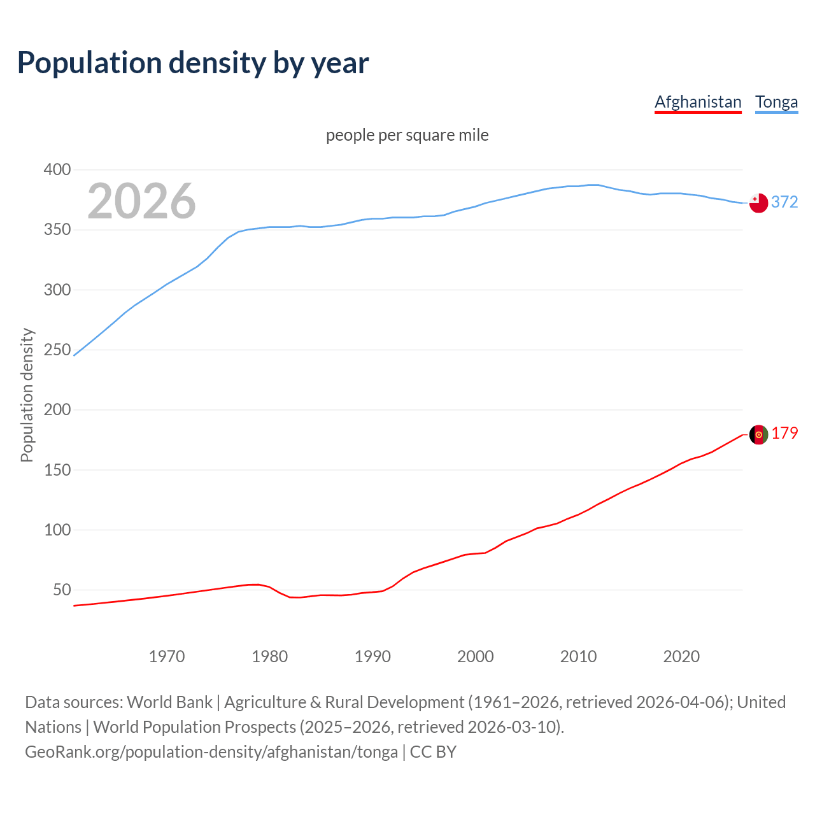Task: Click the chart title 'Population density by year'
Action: (x=193, y=63)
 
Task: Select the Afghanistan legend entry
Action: (x=698, y=102)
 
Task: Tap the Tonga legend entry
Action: (x=776, y=102)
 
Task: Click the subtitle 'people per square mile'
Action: (x=407, y=135)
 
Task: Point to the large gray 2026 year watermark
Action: (x=141, y=201)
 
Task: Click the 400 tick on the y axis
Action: (x=57, y=169)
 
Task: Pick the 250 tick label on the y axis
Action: (x=57, y=350)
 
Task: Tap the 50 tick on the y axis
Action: (x=62, y=590)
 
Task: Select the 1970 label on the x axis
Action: (x=167, y=656)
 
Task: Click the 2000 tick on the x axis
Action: (x=476, y=656)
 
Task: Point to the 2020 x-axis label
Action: (x=681, y=656)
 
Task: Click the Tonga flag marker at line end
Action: (x=758, y=203)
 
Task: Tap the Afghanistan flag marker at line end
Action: (x=758, y=434)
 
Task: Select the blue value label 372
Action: (x=784, y=202)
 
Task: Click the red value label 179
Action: (x=784, y=433)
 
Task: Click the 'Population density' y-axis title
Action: (x=27, y=395)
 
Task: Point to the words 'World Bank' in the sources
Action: (x=169, y=702)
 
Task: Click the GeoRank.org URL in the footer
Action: (x=211, y=751)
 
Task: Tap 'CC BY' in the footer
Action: (x=433, y=751)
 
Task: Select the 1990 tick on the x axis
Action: (x=372, y=656)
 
